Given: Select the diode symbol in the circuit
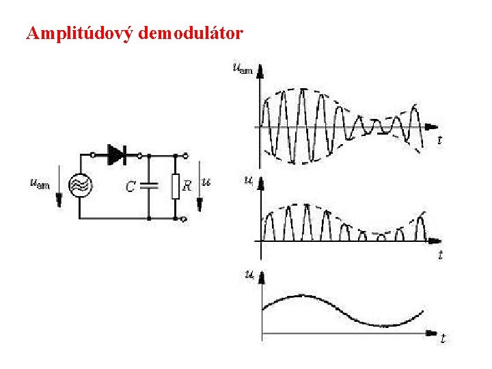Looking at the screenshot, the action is click(x=117, y=155).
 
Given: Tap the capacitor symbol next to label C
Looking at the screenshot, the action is click(x=149, y=185).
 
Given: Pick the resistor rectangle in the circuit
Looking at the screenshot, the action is click(x=176, y=185).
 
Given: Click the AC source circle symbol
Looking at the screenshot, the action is click(x=81, y=185).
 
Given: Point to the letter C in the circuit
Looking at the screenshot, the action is click(x=131, y=186).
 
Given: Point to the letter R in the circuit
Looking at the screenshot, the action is click(x=187, y=186).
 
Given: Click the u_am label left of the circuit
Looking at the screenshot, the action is click(x=40, y=182).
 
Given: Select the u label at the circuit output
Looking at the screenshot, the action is click(x=206, y=182).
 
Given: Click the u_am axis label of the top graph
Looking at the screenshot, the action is click(x=241, y=67).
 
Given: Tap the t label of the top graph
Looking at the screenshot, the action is click(x=439, y=140).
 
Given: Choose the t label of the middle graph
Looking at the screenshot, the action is click(x=440, y=255).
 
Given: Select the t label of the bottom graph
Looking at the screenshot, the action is click(x=443, y=338).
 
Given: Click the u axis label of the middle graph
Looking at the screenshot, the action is click(x=248, y=180).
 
